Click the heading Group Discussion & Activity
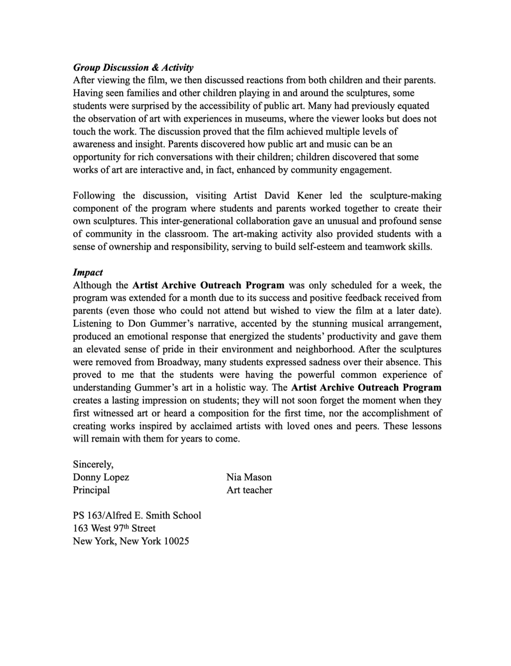133,67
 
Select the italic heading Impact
88,272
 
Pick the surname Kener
310,196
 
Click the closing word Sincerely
93,464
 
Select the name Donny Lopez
101,477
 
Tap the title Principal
91,490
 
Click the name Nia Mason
249,477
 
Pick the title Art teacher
249,490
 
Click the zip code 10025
176,541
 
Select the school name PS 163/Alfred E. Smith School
137,515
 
